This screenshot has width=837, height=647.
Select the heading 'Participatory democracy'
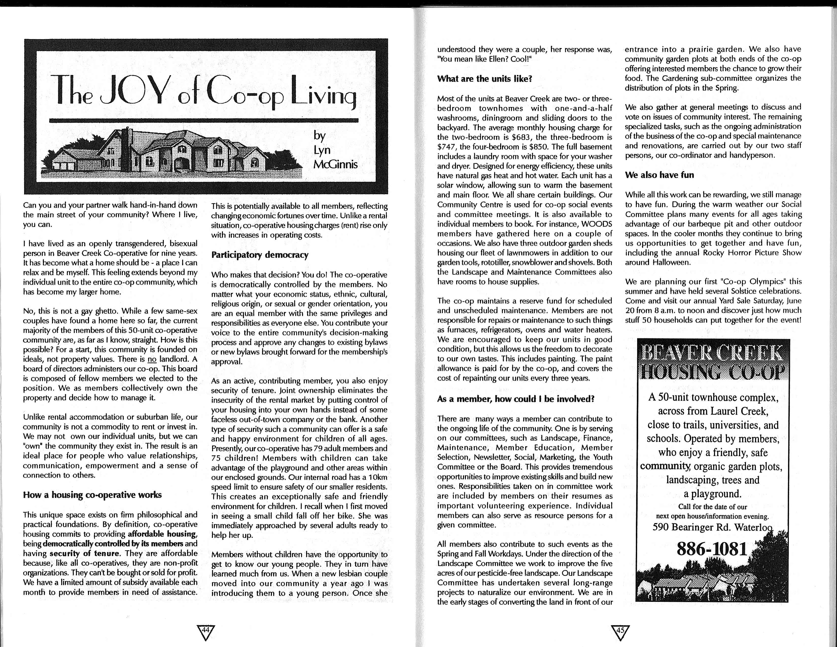point(259,255)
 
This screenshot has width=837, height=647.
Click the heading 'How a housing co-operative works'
point(92,495)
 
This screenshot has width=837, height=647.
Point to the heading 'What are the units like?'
point(484,79)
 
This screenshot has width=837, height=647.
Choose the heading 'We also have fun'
point(659,175)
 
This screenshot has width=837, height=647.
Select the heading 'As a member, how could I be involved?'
point(515,399)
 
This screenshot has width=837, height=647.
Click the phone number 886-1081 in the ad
point(712,549)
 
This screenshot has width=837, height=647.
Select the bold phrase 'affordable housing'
point(163,534)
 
